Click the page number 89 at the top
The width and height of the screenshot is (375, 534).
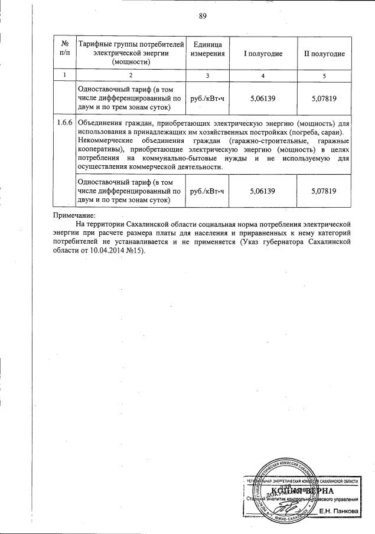(x=202, y=17)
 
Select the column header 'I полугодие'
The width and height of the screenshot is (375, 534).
(x=263, y=54)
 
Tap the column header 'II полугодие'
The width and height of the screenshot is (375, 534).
(x=324, y=54)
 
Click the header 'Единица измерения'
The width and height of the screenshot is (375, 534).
(x=207, y=50)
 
